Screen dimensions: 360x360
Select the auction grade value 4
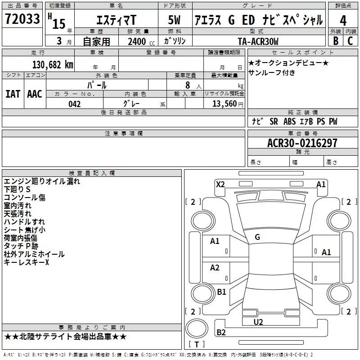(343, 20)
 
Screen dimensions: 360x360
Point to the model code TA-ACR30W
(258, 41)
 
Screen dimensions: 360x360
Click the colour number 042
(74, 104)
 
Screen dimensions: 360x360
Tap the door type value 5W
(175, 20)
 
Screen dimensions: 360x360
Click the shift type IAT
(13, 94)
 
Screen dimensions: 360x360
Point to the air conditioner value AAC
(34, 94)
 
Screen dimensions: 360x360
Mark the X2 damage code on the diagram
(220, 184)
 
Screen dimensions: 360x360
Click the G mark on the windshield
(257, 237)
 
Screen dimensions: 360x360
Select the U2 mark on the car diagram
(258, 322)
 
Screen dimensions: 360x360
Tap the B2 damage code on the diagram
(221, 333)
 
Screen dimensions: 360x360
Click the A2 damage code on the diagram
(215, 268)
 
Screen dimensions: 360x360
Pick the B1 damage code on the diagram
(221, 292)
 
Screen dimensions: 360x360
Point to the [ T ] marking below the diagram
(196, 345)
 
